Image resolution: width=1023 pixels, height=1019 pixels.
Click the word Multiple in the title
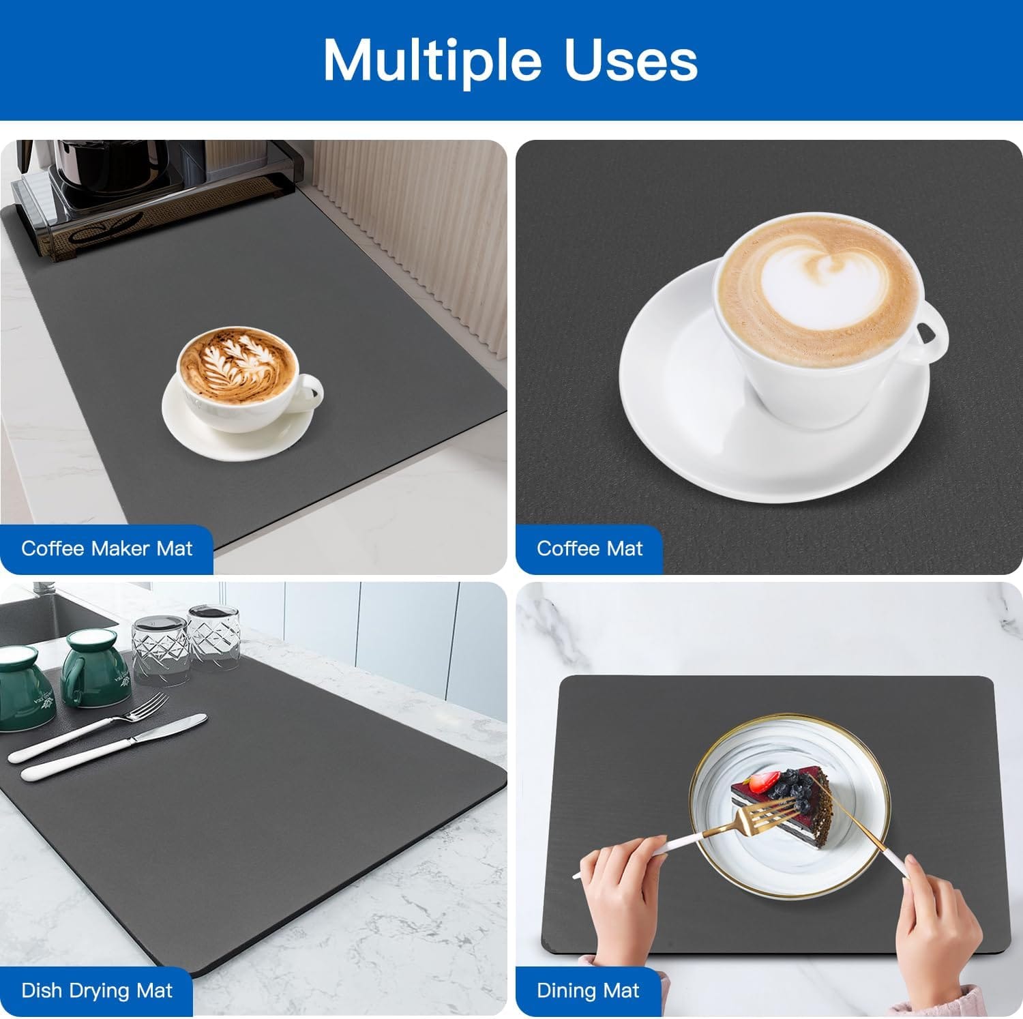pos(432,61)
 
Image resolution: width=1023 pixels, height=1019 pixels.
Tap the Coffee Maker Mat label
pos(106,548)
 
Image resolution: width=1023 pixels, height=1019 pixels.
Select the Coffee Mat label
pos(589,548)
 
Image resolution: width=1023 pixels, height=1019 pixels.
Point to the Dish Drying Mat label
pos(97,990)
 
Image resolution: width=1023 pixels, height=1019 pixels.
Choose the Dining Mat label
pos(588,990)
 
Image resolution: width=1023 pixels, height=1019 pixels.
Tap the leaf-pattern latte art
pos(237,363)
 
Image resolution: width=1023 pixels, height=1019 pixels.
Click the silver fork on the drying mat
pos(89,726)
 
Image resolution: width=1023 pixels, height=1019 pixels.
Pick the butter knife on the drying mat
pos(114,747)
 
